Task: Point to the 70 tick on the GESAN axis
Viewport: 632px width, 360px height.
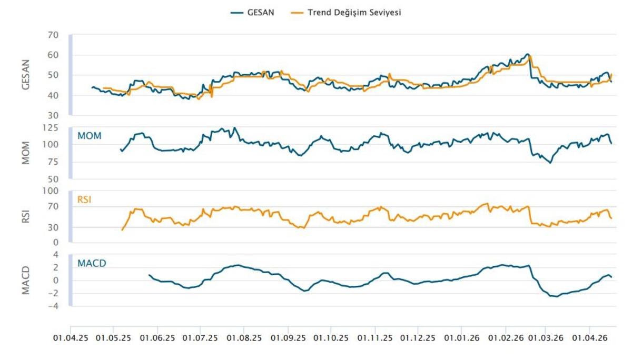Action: pos(52,35)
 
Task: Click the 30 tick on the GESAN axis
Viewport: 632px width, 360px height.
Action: pos(52,115)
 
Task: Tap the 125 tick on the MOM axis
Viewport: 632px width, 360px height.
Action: pos(50,127)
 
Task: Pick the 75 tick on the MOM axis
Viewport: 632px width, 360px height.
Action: pos(52,162)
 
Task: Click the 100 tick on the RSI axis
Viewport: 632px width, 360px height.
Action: pos(50,191)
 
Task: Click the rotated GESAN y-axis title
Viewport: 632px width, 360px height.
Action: pos(26,75)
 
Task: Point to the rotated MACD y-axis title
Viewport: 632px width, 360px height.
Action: pos(26,280)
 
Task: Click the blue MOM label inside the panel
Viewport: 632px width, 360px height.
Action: pos(90,136)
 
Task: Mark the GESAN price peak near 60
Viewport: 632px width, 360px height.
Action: pos(527,54)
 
